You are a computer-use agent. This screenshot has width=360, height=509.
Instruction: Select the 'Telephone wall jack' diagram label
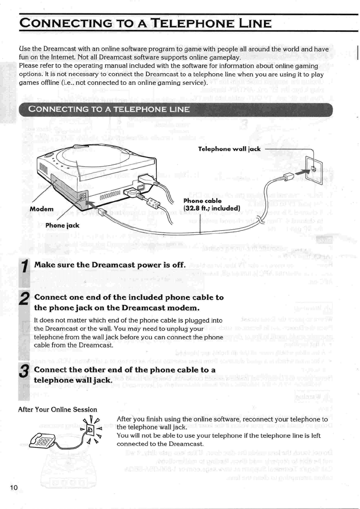point(228,149)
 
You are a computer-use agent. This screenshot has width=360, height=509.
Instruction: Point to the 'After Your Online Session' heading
point(52,409)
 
